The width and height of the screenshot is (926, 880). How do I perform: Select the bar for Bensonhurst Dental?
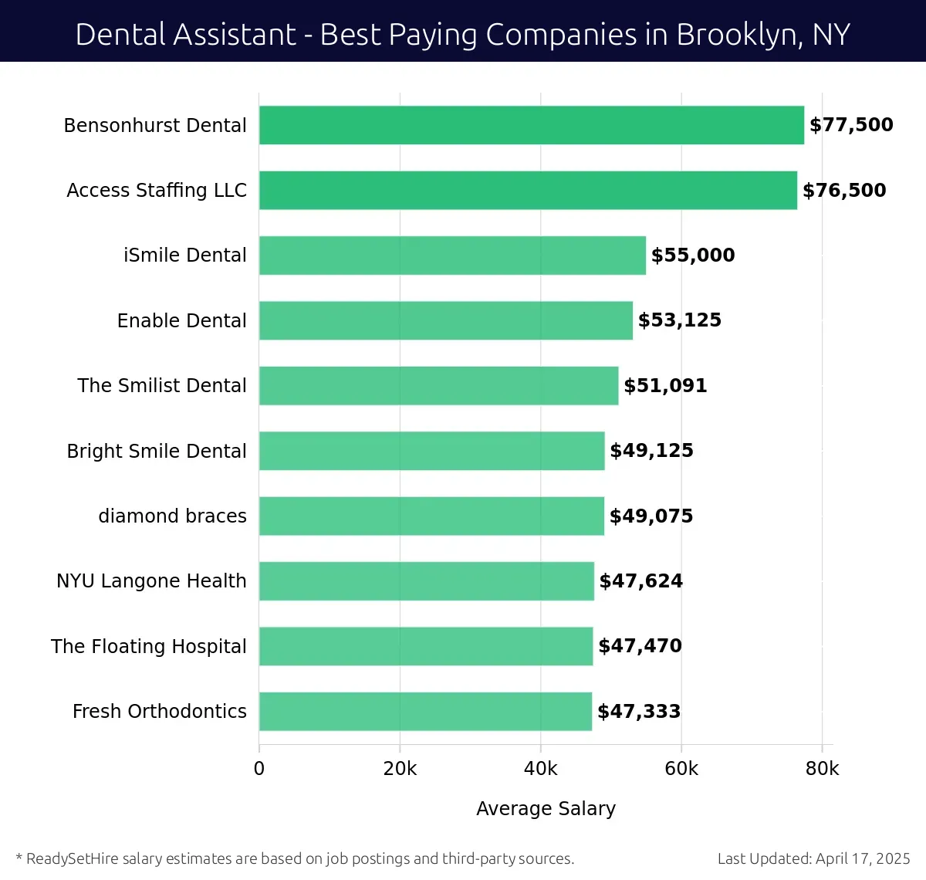531,125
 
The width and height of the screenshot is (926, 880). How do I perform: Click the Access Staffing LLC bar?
528,190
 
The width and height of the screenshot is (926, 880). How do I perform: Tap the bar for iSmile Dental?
452,256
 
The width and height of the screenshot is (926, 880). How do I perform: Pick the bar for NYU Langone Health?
426,581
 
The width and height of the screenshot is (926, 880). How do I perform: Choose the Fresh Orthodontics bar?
425,712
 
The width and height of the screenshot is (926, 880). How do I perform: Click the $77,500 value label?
851,125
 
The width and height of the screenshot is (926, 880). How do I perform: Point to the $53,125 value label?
680,320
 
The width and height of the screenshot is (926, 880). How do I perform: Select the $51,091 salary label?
665,385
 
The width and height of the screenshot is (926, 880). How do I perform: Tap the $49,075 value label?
651,516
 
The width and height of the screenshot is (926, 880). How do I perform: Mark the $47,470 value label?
640,646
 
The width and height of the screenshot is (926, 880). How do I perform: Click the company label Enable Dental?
181,320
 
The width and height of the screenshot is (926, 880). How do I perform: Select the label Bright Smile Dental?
157,451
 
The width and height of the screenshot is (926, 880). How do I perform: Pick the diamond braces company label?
172,516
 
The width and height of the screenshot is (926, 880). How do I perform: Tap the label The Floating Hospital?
149,646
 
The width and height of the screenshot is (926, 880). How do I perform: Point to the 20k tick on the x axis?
400,769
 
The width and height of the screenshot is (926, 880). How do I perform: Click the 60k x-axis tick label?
681,769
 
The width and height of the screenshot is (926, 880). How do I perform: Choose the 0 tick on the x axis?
259,769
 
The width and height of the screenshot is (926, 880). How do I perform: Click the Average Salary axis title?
546,808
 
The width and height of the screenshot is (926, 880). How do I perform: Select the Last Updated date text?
813,858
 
